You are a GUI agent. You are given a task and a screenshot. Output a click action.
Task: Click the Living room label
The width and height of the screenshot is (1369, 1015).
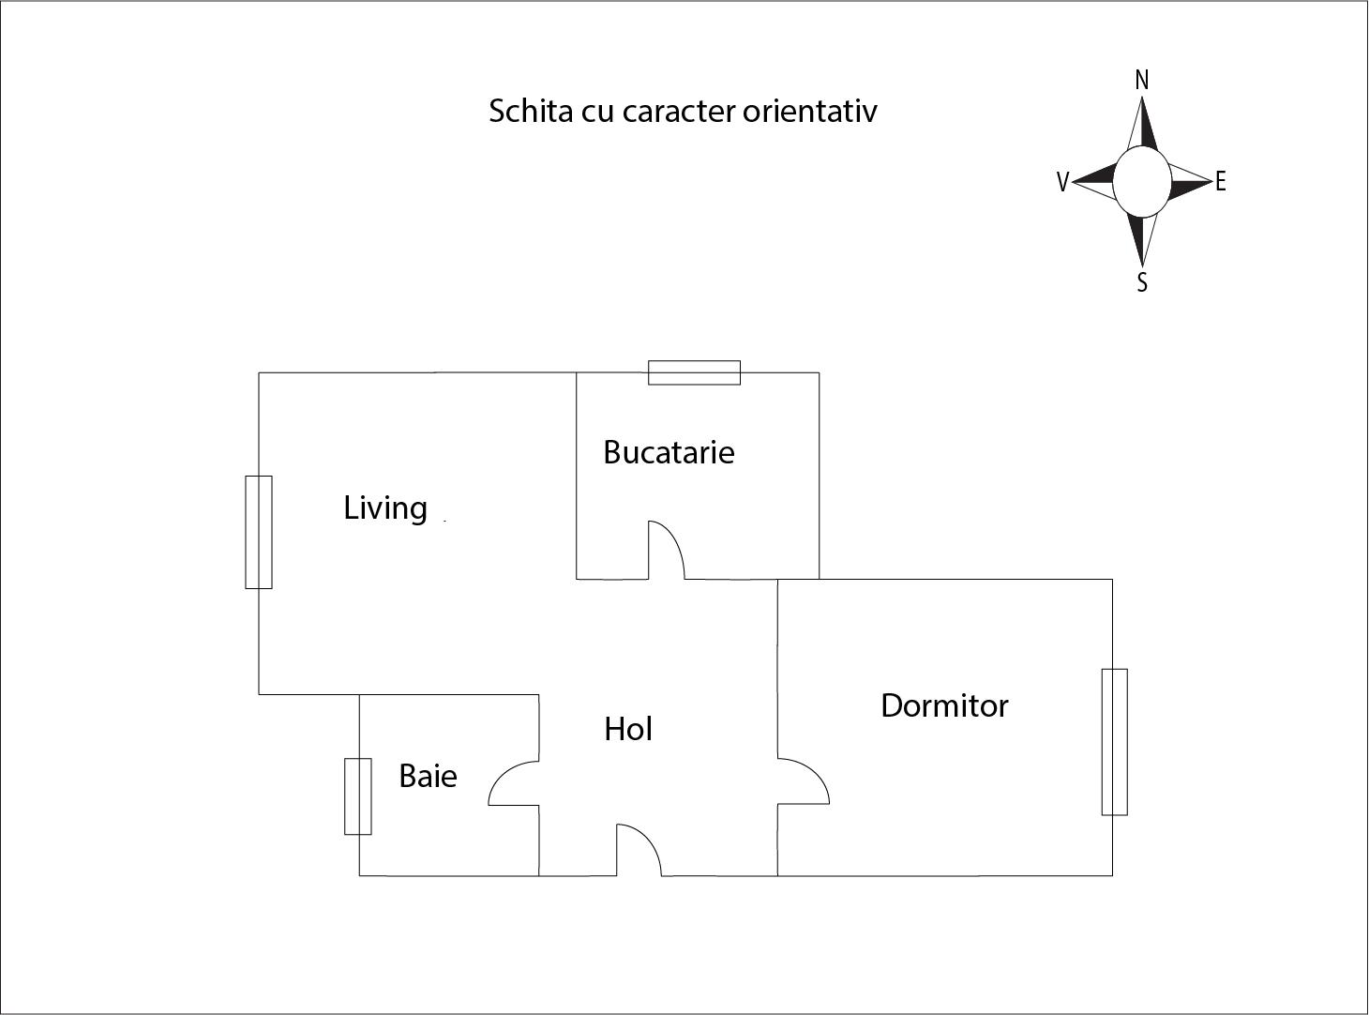tap(385, 509)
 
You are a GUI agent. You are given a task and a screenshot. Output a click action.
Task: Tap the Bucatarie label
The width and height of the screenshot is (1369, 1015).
tap(669, 452)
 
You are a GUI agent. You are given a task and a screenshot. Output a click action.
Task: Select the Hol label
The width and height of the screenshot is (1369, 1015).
tap(627, 729)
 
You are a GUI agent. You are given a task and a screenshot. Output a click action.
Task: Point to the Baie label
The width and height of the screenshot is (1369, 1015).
tap(428, 776)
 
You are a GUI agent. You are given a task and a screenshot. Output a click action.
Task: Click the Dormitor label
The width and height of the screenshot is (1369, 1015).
tap(944, 705)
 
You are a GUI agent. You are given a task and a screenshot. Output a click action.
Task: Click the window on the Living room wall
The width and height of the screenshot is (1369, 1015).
tap(259, 532)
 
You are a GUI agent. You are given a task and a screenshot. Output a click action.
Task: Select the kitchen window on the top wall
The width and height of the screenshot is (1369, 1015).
tap(694, 372)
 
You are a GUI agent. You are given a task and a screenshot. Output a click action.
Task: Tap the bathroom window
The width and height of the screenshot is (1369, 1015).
tap(358, 796)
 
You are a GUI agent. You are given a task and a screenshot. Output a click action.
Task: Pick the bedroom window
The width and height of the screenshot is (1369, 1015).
tap(1115, 742)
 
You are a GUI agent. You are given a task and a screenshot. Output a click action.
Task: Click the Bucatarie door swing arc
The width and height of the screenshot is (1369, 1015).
tap(674, 538)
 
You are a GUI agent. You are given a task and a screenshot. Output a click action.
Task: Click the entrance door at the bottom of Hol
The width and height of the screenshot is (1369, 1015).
tap(639, 850)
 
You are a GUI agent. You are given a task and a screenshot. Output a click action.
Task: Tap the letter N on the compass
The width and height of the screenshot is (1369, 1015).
tap(1142, 81)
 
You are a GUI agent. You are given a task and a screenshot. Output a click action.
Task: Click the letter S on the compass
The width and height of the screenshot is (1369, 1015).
tap(1142, 282)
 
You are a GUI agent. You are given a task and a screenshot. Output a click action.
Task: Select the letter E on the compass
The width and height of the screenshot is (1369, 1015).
tap(1220, 182)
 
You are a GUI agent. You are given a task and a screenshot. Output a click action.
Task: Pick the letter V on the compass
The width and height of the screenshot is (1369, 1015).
tap(1062, 182)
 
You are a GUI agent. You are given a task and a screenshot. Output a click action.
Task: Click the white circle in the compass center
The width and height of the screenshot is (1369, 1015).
tap(1142, 182)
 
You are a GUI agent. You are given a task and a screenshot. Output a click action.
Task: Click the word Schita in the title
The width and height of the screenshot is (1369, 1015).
tap(532, 112)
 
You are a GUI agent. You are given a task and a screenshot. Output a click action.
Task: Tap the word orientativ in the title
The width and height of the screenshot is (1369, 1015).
tap(810, 112)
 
